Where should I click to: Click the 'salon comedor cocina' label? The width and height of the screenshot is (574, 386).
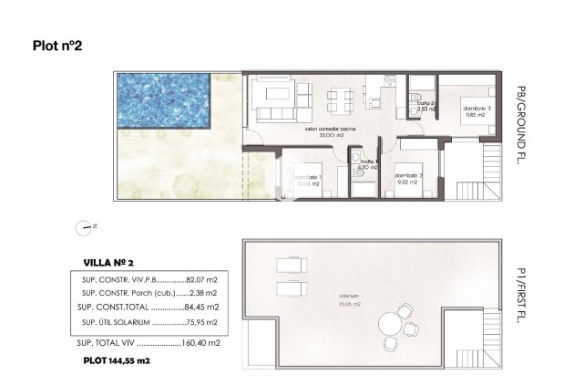point(330,130)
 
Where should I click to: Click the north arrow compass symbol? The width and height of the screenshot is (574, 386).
point(86,225)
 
